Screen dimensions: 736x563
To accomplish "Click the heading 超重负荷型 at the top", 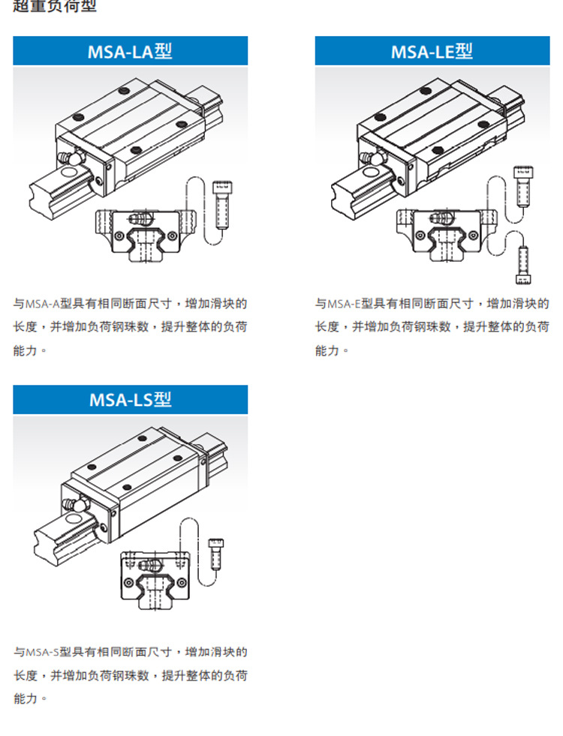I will point(55,8).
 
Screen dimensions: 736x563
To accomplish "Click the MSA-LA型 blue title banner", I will point(130,51).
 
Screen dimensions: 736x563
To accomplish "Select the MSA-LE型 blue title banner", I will point(432,51).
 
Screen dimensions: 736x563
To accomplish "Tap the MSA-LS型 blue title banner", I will point(130,399).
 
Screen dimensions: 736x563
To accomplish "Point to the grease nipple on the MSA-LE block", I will point(369,159).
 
